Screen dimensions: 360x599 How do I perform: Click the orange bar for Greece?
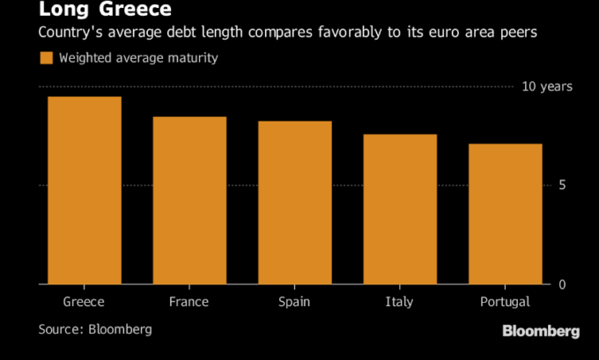(85, 190)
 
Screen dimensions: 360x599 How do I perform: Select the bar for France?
(189, 201)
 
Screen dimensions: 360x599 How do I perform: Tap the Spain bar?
(294, 202)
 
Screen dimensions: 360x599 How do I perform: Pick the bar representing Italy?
(400, 209)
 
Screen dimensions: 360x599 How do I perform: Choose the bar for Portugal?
(505, 214)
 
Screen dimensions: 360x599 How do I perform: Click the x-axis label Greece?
(85, 302)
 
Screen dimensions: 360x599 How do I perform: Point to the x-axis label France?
(189, 302)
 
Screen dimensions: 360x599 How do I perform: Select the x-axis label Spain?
(294, 302)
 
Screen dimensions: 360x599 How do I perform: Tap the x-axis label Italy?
(399, 302)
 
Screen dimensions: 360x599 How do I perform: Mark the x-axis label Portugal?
(505, 302)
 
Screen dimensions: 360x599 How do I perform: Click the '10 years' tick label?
(547, 86)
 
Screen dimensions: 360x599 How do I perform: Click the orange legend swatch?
(46, 58)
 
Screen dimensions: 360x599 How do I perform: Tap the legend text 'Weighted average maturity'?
(139, 58)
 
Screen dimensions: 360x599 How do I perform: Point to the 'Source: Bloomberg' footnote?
(95, 329)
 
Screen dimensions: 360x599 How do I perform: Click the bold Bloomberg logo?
(540, 331)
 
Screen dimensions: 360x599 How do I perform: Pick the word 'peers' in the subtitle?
(516, 33)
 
